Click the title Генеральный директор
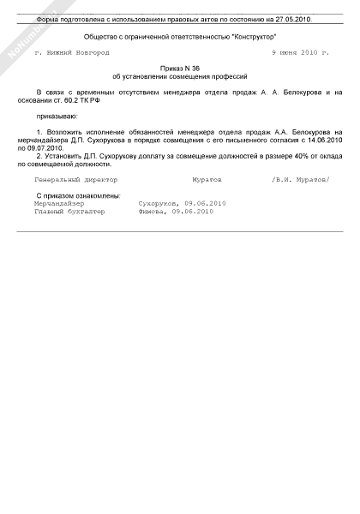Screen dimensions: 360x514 pyautogui.click(x=75, y=181)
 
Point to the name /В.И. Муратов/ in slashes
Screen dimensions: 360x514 pyautogui.click(x=299, y=181)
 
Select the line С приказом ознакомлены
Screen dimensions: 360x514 pyautogui.click(x=77, y=196)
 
